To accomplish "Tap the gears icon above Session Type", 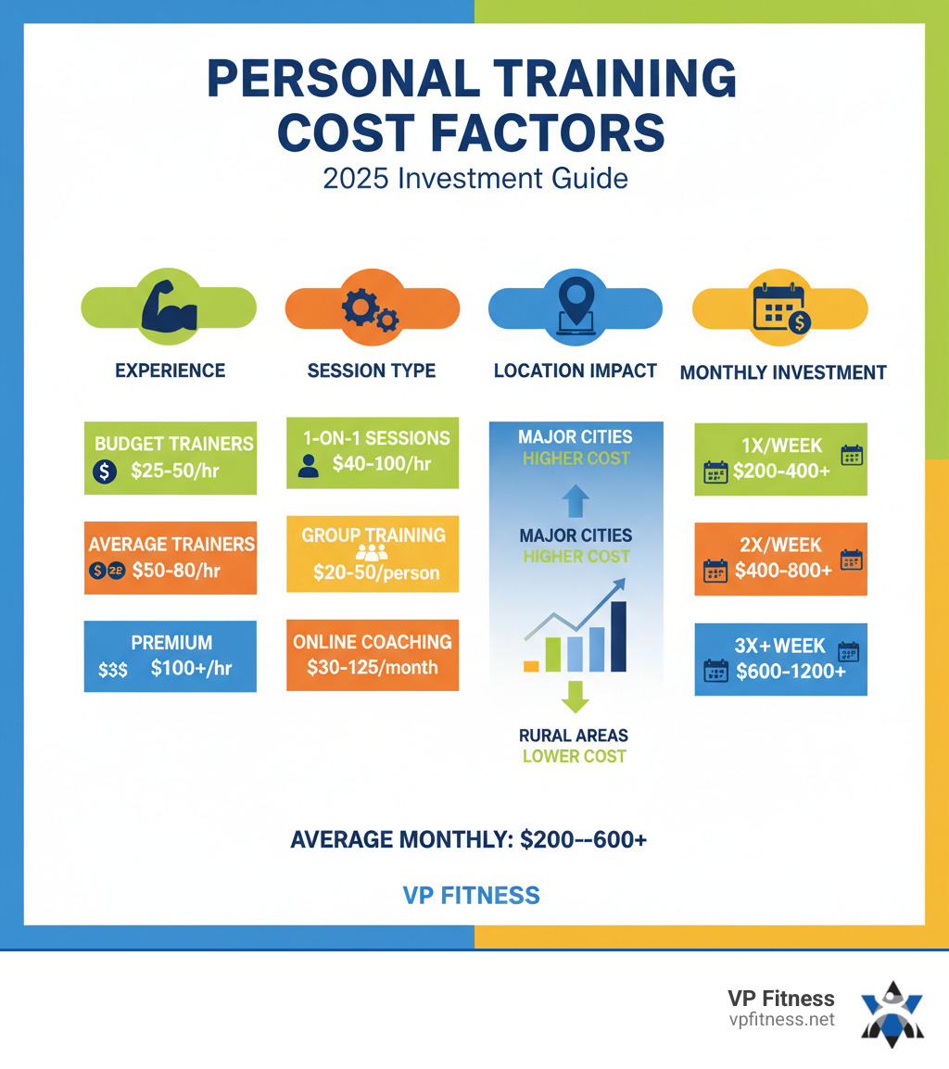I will [x=371, y=309].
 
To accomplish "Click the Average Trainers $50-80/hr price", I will [x=177, y=571].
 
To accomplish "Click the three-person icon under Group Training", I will [x=372, y=554].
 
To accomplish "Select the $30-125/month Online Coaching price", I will [x=372, y=667].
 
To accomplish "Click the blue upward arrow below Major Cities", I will [x=575, y=501].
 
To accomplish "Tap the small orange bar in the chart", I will [x=531, y=665].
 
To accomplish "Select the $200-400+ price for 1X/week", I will [x=782, y=471].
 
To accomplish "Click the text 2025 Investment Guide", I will [x=474, y=177].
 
